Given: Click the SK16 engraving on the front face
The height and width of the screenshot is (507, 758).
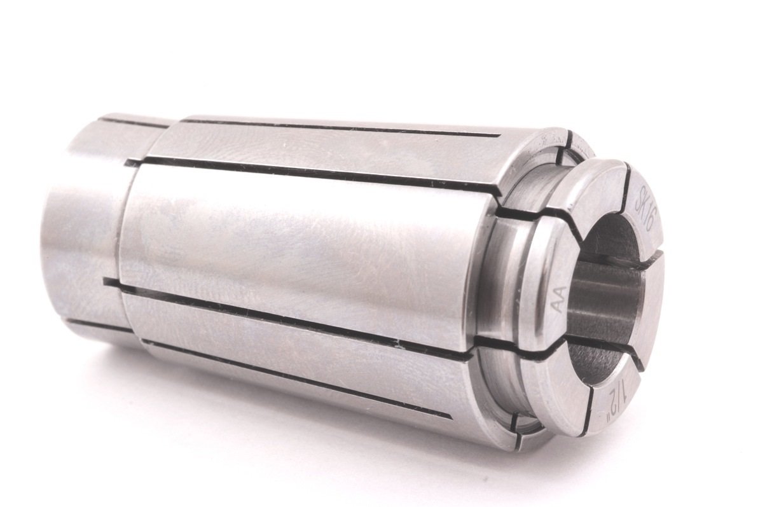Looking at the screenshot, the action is pos(645,205).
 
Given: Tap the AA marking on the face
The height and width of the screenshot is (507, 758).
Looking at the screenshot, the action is pos(557,300).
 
